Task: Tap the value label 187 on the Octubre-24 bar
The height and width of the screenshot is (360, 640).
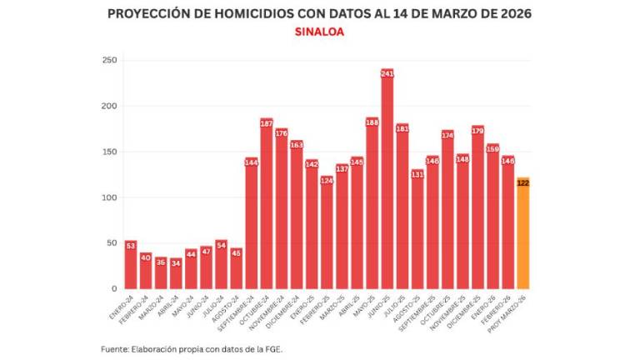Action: pos(267,123)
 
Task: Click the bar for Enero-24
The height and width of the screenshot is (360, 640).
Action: pos(131,267)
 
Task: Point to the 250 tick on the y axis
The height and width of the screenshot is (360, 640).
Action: pos(109,60)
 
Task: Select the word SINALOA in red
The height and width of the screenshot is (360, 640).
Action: pos(319,32)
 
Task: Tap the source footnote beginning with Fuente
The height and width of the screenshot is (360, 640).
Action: pos(192,349)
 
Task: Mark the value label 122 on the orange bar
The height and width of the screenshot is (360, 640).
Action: pos(523,183)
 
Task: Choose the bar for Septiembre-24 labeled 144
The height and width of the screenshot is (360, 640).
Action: pos(252,225)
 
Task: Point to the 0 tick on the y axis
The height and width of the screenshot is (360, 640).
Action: pos(113,289)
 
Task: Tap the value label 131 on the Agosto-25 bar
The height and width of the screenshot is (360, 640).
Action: pos(417,174)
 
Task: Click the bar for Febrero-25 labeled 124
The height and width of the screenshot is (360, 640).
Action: pos(327,233)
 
